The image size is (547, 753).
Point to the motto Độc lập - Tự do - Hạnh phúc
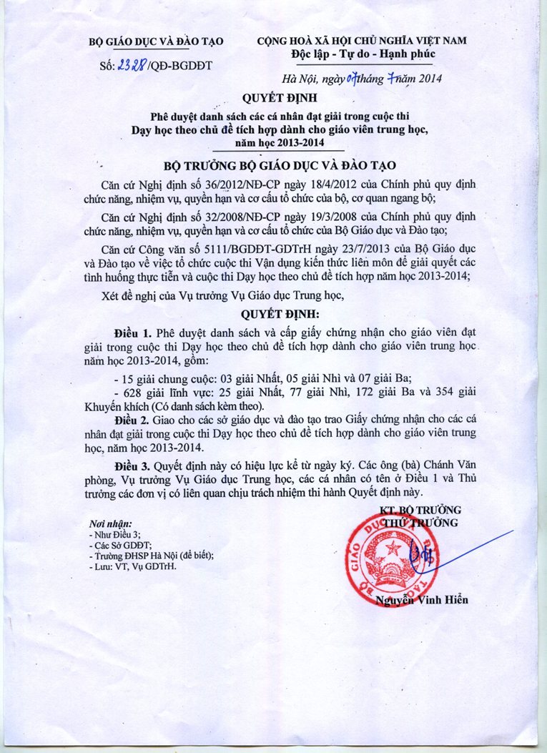click(x=363, y=54)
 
